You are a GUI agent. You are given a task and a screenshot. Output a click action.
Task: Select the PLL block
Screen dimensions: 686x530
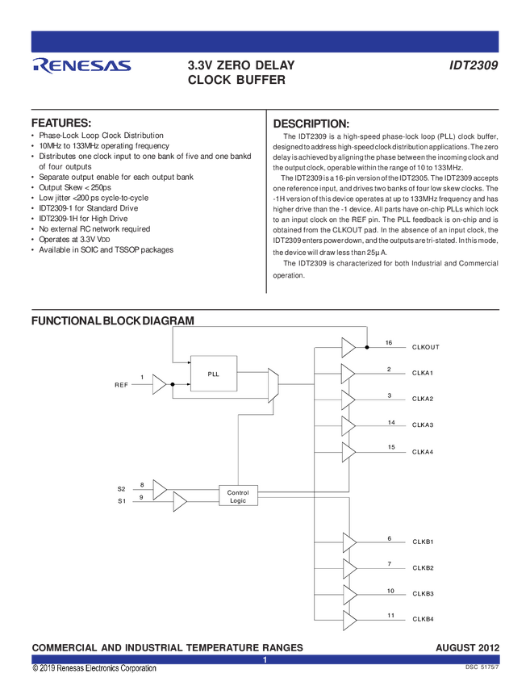pyautogui.click(x=214, y=373)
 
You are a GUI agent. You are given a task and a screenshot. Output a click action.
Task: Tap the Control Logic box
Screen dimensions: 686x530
pyautogui.click(x=238, y=496)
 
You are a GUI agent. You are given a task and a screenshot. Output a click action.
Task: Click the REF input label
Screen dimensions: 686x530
pyautogui.click(x=121, y=385)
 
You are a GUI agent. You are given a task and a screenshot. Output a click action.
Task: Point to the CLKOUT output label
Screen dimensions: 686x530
pyautogui.click(x=425, y=347)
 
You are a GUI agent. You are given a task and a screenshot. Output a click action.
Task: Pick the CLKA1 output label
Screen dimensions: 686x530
pyautogui.click(x=423, y=373)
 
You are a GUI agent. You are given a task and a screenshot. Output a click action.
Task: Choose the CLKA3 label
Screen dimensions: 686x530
pyautogui.click(x=423, y=425)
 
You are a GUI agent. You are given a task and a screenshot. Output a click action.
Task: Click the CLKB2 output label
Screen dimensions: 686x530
pyautogui.click(x=423, y=568)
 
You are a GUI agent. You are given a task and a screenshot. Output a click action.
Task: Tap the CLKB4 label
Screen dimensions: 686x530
pyautogui.click(x=423, y=620)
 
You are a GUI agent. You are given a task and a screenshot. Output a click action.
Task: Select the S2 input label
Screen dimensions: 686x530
pyautogui.click(x=122, y=489)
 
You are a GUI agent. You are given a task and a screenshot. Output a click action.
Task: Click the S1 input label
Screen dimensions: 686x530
pyautogui.click(x=122, y=501)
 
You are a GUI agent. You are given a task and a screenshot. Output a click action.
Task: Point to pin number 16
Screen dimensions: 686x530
pyautogui.click(x=389, y=343)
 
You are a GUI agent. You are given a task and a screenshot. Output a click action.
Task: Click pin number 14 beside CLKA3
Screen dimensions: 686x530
pyautogui.click(x=390, y=422)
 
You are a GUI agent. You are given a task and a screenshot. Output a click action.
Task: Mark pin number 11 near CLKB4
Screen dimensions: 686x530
pyautogui.click(x=390, y=616)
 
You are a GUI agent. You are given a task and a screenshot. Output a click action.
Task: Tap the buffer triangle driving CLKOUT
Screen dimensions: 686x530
pyautogui.click(x=348, y=347)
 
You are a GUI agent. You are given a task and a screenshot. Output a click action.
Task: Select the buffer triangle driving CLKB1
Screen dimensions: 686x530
pyautogui.click(x=348, y=542)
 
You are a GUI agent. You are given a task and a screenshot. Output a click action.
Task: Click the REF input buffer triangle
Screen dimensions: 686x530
pyautogui.click(x=159, y=385)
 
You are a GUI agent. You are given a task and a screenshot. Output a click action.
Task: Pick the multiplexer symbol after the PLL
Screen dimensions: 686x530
pyautogui.click(x=273, y=385)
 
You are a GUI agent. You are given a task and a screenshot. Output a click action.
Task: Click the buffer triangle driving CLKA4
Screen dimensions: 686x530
pyautogui.click(x=348, y=452)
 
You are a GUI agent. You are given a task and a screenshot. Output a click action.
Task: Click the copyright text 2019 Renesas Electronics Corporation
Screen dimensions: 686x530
pyautogui.click(x=94, y=668)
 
